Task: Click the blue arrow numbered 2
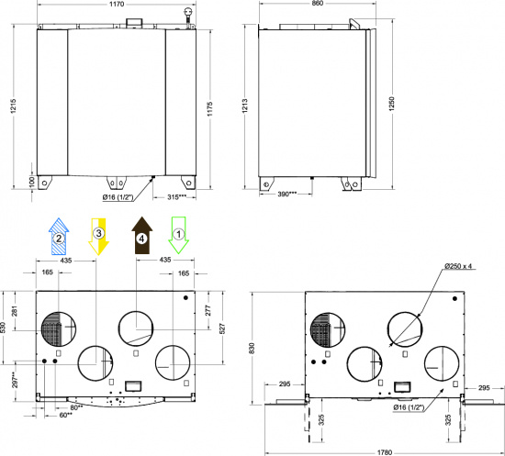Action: (x=59, y=237)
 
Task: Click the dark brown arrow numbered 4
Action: (x=141, y=237)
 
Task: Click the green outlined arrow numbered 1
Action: (x=180, y=236)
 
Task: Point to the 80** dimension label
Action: (x=76, y=406)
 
